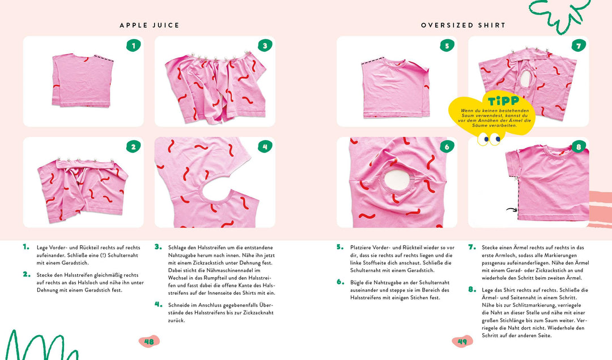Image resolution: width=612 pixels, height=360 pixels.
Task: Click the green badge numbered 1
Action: click(133, 45)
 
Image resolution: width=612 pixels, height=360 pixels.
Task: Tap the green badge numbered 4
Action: click(265, 146)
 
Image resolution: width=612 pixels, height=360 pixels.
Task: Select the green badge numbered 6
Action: click(447, 146)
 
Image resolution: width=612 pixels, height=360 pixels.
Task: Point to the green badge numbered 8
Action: click(578, 146)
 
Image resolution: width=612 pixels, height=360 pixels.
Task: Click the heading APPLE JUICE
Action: click(150, 26)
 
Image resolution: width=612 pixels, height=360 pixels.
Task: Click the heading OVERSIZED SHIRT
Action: click(463, 26)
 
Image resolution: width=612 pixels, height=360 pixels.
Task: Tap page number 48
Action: click(149, 341)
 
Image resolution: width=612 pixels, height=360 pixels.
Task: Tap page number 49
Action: click(462, 341)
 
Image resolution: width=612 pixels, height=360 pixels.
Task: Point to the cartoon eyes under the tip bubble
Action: click(490, 138)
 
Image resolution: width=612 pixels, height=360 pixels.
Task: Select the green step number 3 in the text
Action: click(158, 247)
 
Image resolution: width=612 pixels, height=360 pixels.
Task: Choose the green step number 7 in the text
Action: click(471, 247)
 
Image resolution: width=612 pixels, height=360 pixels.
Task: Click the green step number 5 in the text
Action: click(340, 247)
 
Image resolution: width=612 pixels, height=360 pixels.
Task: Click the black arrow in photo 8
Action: click(512, 210)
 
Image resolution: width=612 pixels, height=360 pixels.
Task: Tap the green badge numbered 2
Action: click(133, 146)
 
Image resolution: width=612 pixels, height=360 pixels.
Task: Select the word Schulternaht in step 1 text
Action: click(121, 256)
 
